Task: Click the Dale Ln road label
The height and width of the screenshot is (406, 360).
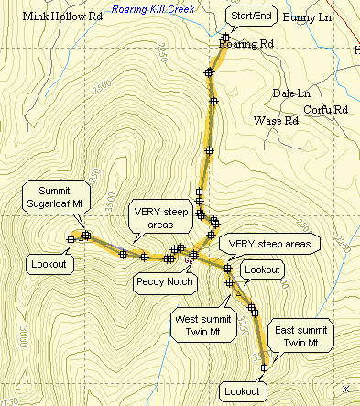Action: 291,93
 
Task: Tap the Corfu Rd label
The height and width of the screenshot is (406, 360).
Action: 329,110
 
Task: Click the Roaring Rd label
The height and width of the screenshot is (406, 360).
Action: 247,43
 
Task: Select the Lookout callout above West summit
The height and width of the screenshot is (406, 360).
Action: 263,269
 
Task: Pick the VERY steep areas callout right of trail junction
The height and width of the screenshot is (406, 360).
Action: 274,243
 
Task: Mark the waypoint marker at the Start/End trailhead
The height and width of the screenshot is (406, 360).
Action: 224,38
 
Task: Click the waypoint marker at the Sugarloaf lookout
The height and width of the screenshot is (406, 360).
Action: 71,239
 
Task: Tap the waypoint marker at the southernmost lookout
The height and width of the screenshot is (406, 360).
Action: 264,368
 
